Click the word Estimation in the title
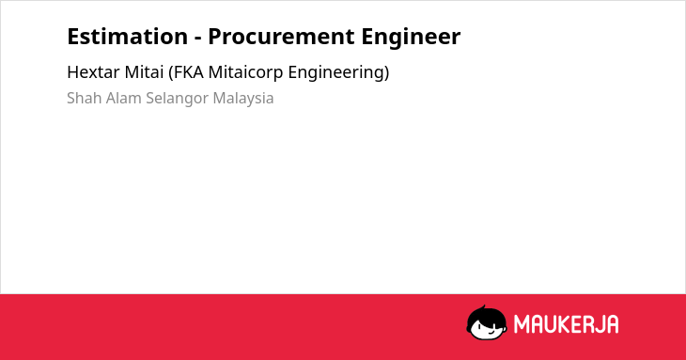tap(127, 37)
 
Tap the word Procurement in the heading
tap(281, 37)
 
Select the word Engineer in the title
tap(411, 38)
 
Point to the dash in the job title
tap(197, 39)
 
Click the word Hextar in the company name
tap(94, 72)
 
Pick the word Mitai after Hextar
tap(144, 72)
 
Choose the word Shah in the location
tap(84, 98)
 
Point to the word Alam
tap(124, 98)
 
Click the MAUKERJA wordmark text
tap(566, 324)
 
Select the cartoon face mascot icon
tap(487, 322)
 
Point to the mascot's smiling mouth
tap(491, 333)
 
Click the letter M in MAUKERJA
tap(522, 324)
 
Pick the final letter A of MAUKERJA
tap(612, 324)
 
